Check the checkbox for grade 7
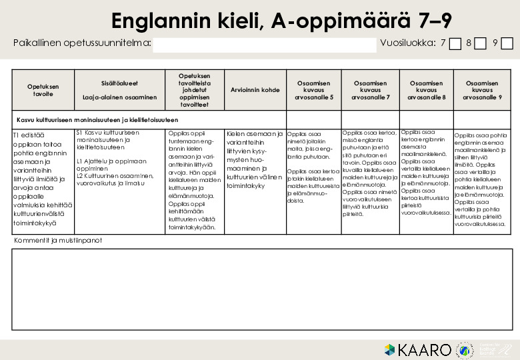(x=455, y=44)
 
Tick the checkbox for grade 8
(x=481, y=44)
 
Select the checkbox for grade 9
(x=507, y=44)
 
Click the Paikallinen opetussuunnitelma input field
(x=264, y=45)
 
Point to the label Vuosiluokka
(x=407, y=44)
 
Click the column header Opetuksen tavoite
(x=43, y=90)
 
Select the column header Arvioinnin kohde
(x=255, y=90)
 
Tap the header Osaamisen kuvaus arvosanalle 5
(x=314, y=90)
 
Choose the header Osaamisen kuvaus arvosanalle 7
(x=371, y=90)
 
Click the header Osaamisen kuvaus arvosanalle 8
(x=427, y=90)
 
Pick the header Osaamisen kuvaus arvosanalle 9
(x=483, y=90)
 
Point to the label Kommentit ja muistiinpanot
(x=58, y=240)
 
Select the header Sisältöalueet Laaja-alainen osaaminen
(x=119, y=90)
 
